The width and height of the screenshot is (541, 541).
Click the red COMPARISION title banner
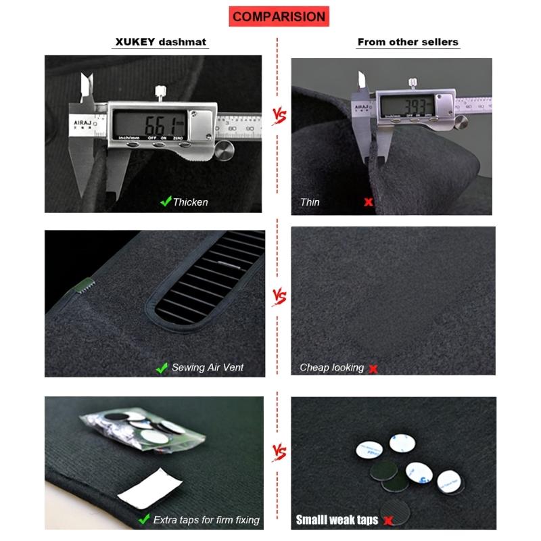click(x=277, y=16)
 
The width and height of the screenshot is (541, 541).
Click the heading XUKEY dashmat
click(x=160, y=42)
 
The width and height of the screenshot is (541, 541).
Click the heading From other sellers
click(x=408, y=42)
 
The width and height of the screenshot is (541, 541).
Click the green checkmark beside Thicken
click(x=164, y=202)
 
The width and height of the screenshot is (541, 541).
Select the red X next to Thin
click(x=369, y=202)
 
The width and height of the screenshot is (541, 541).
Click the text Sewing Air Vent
click(x=208, y=368)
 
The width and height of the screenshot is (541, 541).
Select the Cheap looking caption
click(x=331, y=368)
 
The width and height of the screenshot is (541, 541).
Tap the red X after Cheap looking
click(x=373, y=369)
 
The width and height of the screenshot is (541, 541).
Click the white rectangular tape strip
click(x=149, y=486)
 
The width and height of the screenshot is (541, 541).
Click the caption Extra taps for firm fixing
click(x=206, y=520)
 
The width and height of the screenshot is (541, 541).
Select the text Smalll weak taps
click(x=337, y=520)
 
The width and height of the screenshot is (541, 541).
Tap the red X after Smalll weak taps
click(x=387, y=521)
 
